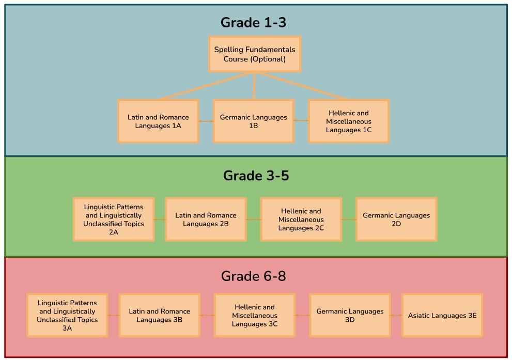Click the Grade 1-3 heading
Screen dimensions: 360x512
[253, 23]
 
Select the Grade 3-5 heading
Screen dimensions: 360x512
[256, 176]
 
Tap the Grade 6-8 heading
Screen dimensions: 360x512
[253, 276]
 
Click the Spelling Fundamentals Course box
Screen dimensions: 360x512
[255, 54]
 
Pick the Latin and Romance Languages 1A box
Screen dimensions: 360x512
[158, 121]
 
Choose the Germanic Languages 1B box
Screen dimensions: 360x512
[253, 121]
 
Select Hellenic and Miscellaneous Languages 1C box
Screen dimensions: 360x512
[349, 121]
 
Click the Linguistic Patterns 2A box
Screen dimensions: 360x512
[114, 220]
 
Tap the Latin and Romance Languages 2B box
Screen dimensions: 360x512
[206, 220]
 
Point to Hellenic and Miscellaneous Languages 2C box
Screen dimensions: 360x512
[301, 220]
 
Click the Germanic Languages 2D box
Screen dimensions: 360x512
[396, 220]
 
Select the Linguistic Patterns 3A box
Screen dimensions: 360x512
[67, 316]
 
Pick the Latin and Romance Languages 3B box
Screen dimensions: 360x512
[159, 316]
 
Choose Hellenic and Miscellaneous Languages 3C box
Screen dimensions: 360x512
[255, 316]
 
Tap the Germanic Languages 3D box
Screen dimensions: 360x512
[350, 316]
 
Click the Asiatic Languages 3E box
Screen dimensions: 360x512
[442, 316]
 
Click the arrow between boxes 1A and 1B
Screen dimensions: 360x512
[206, 121]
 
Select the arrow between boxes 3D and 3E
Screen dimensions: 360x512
[396, 316]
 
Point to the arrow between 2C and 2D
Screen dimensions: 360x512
[349, 220]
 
